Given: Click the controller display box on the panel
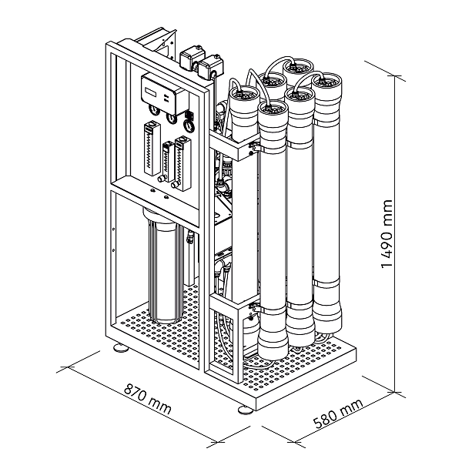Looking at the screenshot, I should coord(159,92).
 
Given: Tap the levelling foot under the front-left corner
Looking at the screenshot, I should coord(120,349).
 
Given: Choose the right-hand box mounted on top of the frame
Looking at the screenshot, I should coord(208,70).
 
